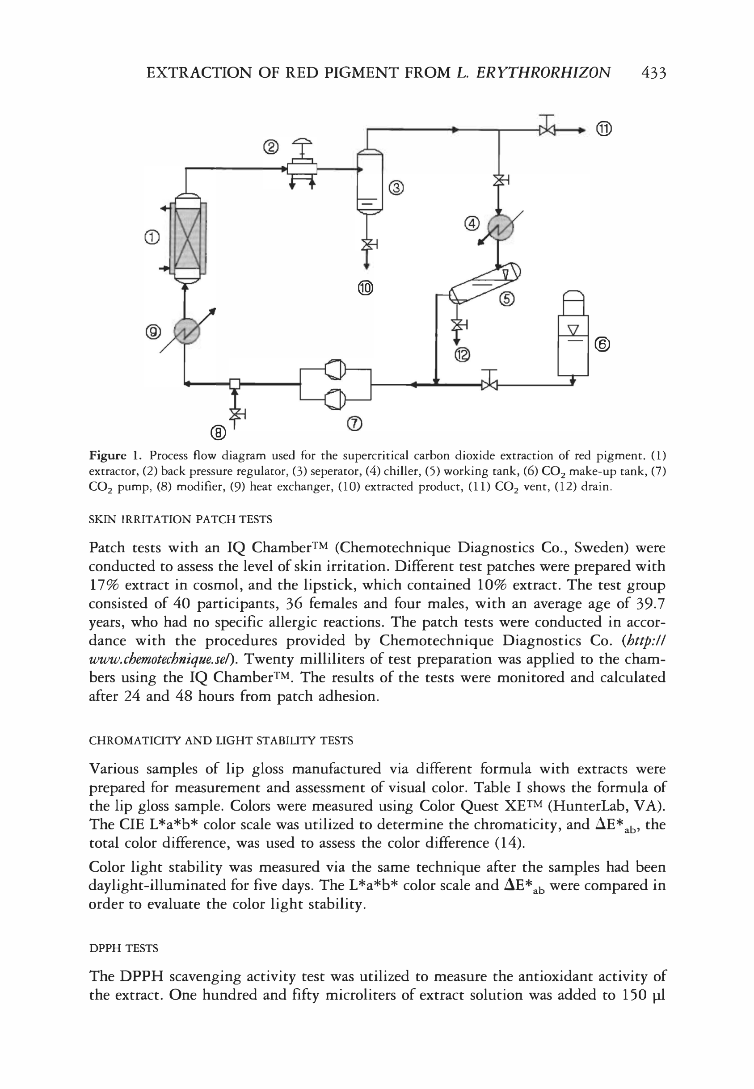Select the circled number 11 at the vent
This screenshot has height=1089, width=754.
pyautogui.click(x=603, y=128)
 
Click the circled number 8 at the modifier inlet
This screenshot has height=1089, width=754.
pyautogui.click(x=218, y=432)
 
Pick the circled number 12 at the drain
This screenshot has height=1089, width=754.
pyautogui.click(x=463, y=354)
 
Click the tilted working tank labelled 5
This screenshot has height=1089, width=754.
pyautogui.click(x=484, y=283)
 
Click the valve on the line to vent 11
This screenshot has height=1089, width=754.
pyautogui.click(x=546, y=128)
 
